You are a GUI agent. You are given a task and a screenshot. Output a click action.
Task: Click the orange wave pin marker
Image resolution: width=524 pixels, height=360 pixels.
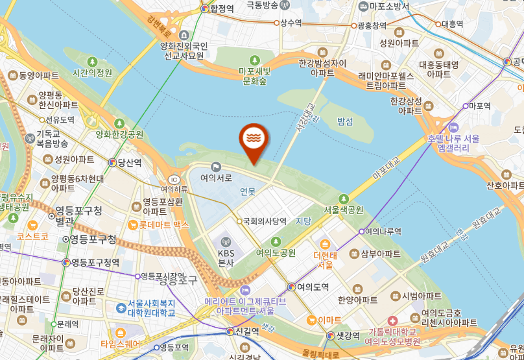click(x=252, y=138)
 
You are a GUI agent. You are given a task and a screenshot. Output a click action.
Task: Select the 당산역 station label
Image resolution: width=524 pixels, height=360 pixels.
click(x=130, y=163)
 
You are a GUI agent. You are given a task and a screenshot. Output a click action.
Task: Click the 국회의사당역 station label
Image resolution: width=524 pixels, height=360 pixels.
click(x=265, y=221)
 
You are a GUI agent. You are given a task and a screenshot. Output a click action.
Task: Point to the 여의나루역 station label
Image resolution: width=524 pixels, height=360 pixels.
click(x=383, y=231)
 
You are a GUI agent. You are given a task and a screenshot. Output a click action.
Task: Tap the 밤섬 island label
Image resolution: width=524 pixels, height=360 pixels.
click(x=345, y=121)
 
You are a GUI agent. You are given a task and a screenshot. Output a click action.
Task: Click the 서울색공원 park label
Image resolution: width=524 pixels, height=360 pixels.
click(x=344, y=210)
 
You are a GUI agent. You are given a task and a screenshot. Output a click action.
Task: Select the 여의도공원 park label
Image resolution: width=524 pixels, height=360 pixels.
click(x=276, y=252)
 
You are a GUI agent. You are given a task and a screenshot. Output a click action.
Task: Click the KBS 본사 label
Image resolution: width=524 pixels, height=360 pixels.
click(x=226, y=258)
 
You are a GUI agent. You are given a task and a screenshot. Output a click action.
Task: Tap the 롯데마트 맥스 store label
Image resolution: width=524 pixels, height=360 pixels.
click(x=163, y=225)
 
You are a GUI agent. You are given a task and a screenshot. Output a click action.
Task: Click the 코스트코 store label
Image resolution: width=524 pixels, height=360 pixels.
click(x=32, y=237)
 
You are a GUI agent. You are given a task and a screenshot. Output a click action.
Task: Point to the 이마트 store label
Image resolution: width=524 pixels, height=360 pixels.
click(x=329, y=319)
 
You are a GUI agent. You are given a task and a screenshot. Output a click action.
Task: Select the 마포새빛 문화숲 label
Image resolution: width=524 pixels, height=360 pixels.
click(x=255, y=76)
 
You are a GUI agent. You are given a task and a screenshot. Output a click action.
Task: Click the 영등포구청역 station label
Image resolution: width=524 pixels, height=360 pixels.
click(x=95, y=263)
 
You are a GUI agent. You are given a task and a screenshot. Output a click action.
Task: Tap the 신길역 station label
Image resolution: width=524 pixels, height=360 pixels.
click(x=246, y=331)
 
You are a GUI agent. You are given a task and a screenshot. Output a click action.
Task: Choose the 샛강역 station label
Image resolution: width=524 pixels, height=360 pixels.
click(x=348, y=335)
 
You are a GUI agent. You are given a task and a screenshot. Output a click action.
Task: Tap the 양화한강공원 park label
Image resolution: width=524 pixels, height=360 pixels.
click(x=119, y=134)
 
